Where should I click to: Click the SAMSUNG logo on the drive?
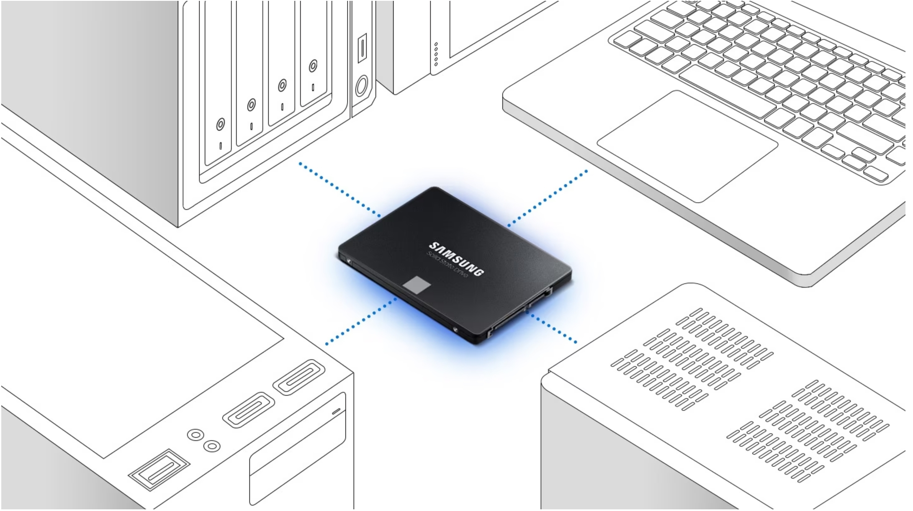pos(456,259)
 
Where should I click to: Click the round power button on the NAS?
pos(362,86)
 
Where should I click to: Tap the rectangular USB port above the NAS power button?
pos(362,48)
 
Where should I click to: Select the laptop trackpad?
pos(687,146)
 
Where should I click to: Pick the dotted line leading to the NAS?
pos(339,190)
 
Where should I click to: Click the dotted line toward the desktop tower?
pos(361,321)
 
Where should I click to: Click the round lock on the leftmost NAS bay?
pos(220,124)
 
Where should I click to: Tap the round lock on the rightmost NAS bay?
pos(313,66)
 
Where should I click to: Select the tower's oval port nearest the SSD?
pos(299,377)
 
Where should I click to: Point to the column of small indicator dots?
pos(436,54)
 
